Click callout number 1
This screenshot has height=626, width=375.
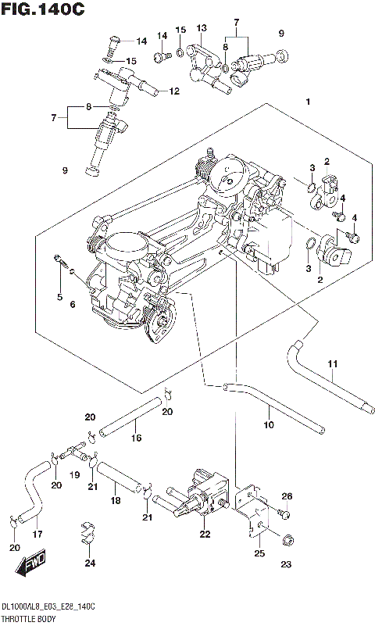309,102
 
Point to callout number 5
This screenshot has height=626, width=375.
59,297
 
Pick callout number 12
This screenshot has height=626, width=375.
173,91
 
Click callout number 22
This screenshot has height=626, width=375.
205,535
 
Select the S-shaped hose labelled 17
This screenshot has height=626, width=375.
33,492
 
